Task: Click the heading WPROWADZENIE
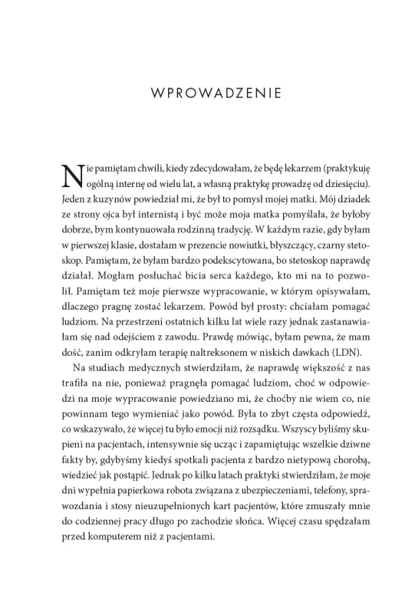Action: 207,95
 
